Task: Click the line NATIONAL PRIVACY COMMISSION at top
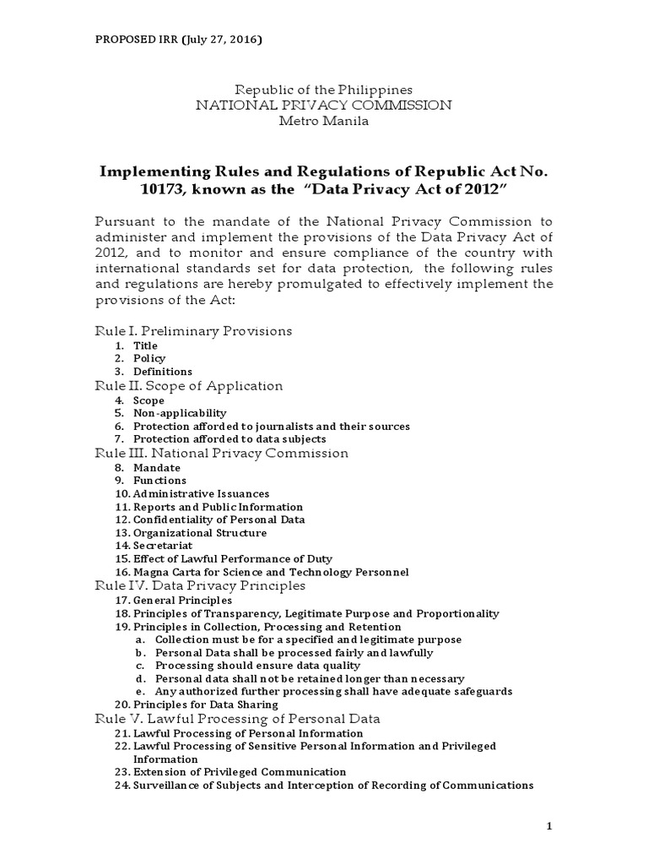[x=324, y=105]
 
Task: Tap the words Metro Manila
[x=324, y=121]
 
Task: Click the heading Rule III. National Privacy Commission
[x=220, y=454]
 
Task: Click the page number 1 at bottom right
[x=548, y=826]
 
